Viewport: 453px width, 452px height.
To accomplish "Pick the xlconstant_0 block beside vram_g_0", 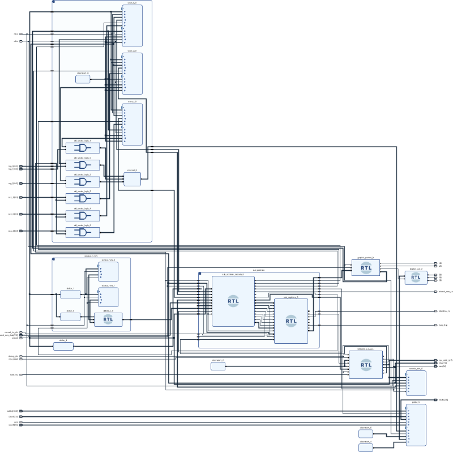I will coord(83,79).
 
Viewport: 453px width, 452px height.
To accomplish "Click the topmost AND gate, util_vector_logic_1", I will coord(83,148).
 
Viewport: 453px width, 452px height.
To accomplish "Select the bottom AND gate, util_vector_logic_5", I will coord(83,232).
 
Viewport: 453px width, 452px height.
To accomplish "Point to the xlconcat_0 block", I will coord(132,180).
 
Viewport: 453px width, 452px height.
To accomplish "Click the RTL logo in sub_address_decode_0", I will coord(233,300).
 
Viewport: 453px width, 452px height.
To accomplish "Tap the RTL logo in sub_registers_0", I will coord(291,320).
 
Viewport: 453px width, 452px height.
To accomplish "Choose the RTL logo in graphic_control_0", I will coord(366,268).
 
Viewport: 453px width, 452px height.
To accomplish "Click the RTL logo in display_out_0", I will coord(416,278).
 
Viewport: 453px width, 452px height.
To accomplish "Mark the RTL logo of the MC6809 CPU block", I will coord(366,365).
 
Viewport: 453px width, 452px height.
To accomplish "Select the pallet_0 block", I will coord(416,425).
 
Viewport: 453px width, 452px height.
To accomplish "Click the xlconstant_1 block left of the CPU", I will coord(218,366).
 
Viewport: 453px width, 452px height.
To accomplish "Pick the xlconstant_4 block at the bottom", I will coord(366,447).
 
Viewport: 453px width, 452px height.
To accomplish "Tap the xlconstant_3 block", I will coord(366,433).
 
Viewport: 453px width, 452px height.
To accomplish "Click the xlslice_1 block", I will coord(70,295).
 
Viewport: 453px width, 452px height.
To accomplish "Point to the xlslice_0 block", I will coord(70,317).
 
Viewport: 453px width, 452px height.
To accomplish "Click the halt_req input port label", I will coord(14,375).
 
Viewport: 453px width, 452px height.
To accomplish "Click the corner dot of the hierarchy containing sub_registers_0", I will coord(200,274).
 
